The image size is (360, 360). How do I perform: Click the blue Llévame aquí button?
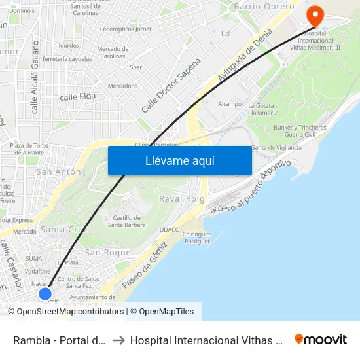tap(179, 160)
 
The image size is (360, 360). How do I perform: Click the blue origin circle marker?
tap(45, 293)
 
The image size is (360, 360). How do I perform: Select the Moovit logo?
tap(321, 339)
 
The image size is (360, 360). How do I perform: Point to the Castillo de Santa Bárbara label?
tap(127, 221)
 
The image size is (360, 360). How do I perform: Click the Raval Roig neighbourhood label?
tap(183, 199)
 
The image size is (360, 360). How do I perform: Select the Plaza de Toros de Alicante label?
tap(29, 149)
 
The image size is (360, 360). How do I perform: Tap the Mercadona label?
tap(123, 86)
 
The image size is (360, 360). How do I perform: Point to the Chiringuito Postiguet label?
tap(196, 238)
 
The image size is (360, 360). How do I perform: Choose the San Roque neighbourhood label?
tap(108, 253)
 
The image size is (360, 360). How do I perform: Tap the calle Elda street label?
tap(78, 97)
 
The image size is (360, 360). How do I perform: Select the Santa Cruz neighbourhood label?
tap(63, 230)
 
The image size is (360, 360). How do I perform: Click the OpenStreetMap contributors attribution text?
tap(71, 312)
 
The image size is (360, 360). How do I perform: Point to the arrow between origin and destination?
tap(118, 340)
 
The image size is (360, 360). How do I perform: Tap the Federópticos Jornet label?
tap(125, 29)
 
